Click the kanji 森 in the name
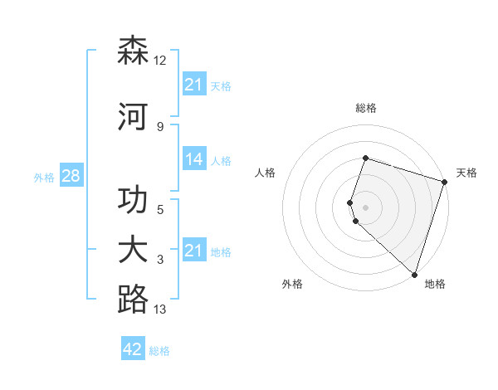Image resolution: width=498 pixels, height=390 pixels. pos(133,51)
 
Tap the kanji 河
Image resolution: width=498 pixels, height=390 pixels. pos(133,117)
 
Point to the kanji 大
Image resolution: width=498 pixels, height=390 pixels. pos(133,251)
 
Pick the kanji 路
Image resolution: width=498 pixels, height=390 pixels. pos(133,300)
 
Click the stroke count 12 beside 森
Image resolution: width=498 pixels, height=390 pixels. pos(160,61)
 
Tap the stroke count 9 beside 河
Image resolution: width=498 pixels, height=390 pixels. pos(160,126)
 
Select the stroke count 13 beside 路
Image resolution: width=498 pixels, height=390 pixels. pos(160,310)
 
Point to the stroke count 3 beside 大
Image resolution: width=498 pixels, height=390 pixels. pos(160,260)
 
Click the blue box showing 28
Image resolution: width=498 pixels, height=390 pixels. pos(71,176)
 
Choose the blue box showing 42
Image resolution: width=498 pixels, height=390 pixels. pos(133,349)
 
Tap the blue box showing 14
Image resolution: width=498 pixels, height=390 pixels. pos(194,159)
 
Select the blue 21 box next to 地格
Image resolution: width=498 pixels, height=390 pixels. pos(194,251)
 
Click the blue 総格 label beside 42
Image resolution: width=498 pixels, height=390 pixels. pos(159,351)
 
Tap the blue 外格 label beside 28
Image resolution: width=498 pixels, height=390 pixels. pos(44,177)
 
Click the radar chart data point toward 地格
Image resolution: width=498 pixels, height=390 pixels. pos(414,274)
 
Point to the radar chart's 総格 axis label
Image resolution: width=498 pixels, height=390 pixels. pos(366,108)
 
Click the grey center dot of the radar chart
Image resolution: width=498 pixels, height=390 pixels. pos(366,206)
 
